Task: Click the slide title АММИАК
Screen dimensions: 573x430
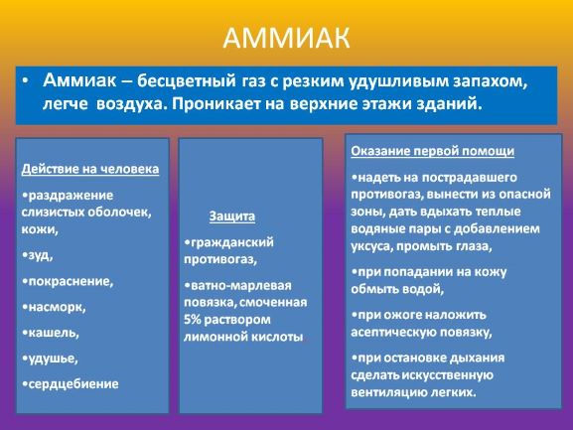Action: point(286,38)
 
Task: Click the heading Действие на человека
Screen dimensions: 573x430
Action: point(90,169)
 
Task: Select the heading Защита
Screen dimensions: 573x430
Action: point(232,216)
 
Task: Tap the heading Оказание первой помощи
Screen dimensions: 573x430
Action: point(433,151)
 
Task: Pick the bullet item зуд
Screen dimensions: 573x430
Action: point(38,255)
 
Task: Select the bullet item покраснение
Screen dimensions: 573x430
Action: point(68,281)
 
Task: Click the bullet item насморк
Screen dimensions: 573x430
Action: point(54,307)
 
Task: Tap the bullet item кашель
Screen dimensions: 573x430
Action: point(51,333)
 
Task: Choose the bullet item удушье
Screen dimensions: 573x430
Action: point(50,358)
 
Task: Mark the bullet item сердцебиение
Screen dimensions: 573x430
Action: point(71,384)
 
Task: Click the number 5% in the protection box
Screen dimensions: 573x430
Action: point(193,320)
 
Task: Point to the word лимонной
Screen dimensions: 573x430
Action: point(212,337)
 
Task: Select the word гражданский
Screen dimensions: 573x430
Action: point(229,242)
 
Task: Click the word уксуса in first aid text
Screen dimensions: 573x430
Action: point(371,246)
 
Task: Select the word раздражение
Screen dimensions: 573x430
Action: point(68,196)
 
